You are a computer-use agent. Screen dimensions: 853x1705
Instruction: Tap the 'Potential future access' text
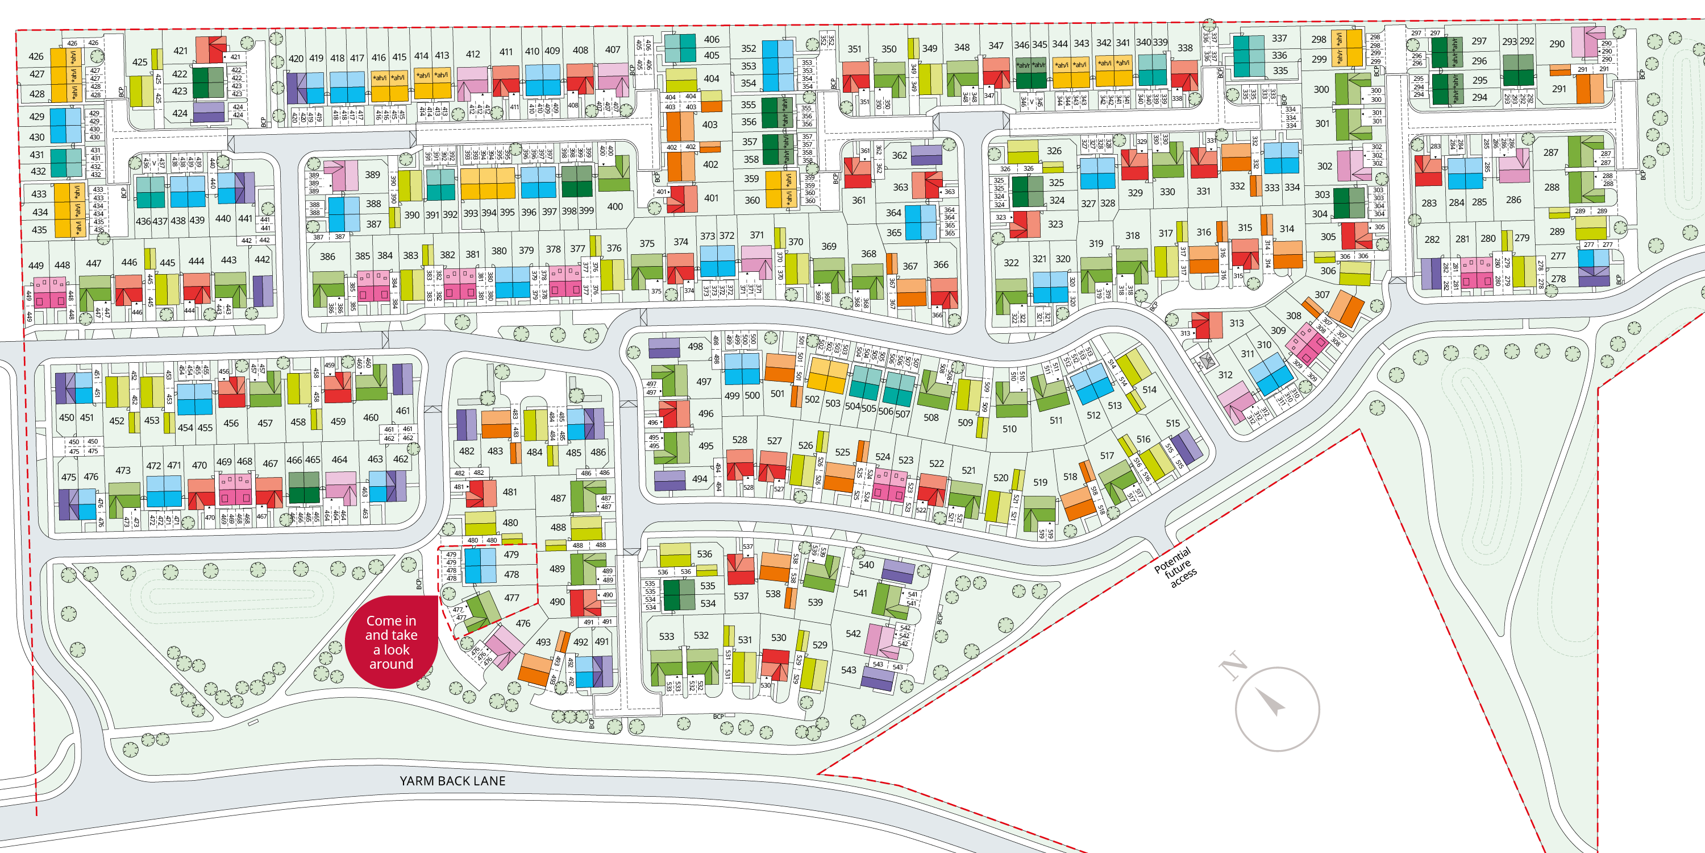1176,568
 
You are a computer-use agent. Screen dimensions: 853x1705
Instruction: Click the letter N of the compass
1234,665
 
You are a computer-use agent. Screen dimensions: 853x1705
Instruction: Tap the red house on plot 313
1207,325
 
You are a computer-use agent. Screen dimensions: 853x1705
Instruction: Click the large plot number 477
511,597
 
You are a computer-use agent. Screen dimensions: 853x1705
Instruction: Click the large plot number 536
704,554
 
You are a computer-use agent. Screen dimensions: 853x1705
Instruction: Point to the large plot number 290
1557,44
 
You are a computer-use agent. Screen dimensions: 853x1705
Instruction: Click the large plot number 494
700,479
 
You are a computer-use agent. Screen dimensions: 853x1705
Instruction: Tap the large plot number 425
140,62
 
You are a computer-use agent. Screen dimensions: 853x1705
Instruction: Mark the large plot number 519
1040,482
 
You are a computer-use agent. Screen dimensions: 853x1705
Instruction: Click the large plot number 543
849,669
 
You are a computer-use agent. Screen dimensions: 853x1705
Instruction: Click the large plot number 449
36,266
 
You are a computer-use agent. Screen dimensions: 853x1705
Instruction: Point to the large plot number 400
615,206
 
